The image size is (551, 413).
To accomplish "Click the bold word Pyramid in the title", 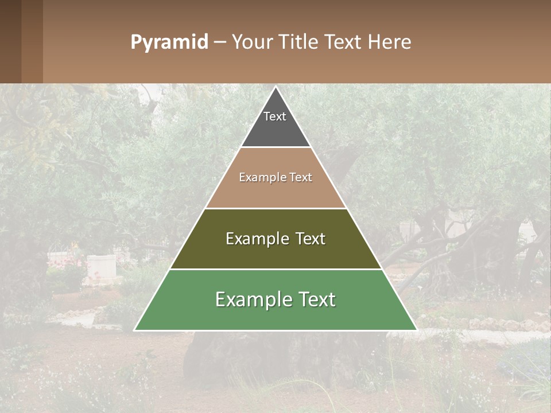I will [169, 42].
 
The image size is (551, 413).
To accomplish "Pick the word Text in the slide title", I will [343, 42].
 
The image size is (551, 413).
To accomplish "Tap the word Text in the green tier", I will [317, 299].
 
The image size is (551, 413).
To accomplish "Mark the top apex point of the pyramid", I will [275, 87].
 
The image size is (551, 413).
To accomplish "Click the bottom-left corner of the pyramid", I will [135, 330].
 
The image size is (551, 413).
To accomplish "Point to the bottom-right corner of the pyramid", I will [416, 330].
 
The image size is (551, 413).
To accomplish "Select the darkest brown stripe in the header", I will [10, 41].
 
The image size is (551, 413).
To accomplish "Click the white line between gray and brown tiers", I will [275, 147].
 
